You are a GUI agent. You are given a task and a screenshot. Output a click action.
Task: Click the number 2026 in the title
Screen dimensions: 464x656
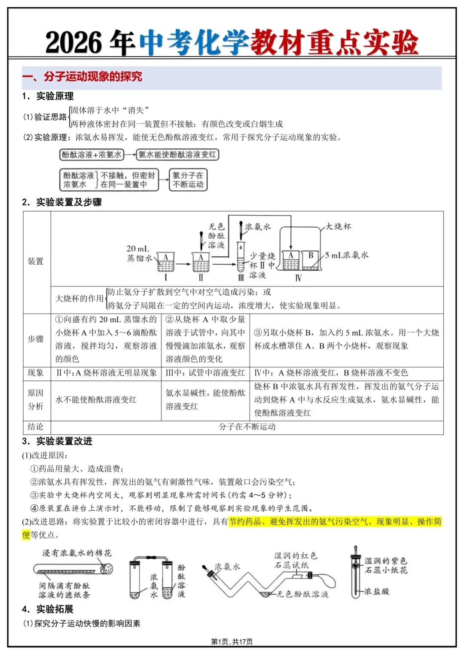73,43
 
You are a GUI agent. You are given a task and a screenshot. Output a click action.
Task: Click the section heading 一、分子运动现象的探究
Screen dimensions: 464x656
82,77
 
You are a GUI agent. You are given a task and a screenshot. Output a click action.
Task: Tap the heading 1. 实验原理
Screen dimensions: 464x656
48,96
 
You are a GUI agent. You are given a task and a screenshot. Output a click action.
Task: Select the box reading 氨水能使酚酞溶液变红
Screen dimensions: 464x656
177,155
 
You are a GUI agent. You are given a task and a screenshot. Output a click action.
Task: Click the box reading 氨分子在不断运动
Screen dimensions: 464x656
188,180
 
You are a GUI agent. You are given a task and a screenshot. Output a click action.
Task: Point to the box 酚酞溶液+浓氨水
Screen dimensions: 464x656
92,155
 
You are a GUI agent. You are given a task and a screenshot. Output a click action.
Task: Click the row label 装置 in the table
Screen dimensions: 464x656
36,261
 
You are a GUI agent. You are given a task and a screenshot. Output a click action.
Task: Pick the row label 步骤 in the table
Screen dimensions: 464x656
36,339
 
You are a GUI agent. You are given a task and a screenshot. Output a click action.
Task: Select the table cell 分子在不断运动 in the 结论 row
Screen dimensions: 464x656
247,427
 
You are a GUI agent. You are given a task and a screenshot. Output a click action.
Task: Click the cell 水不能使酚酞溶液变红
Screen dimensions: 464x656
96,400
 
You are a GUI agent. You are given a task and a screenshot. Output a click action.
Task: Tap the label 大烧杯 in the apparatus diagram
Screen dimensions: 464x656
338,226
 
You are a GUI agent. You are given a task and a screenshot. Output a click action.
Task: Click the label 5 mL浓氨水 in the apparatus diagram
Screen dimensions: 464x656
346,255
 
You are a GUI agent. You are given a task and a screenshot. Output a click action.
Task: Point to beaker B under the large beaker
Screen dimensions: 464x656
310,260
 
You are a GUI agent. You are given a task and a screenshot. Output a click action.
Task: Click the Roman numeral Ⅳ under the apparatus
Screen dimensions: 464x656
298,278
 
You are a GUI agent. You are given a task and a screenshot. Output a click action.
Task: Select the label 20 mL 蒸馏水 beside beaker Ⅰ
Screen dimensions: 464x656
138,253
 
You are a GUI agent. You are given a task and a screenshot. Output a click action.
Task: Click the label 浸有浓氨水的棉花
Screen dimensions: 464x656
77,553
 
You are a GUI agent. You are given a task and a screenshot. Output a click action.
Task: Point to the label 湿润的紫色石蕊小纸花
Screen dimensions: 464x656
385,565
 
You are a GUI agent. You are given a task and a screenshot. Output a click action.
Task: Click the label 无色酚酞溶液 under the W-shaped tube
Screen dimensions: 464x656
302,594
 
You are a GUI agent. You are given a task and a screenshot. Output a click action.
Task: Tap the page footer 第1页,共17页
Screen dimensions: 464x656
232,641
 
